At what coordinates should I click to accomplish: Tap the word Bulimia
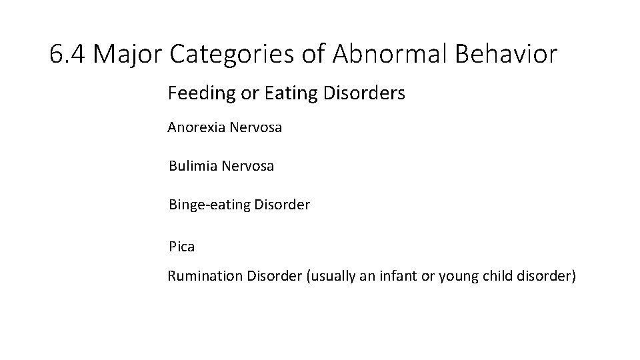tap(193, 166)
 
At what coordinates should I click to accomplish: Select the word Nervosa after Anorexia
tap(255, 127)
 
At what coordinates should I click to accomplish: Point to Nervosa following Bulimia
tap(247, 166)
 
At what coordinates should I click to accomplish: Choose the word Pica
tap(181, 247)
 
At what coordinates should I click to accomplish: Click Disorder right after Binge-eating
tap(281, 205)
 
